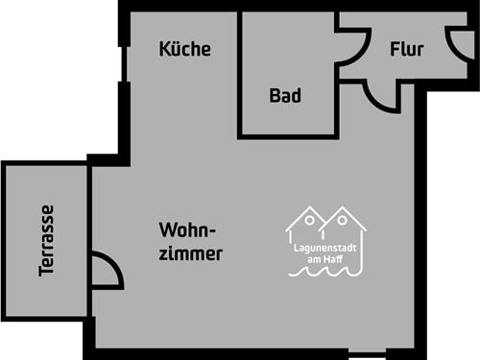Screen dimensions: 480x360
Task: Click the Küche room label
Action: [185, 49]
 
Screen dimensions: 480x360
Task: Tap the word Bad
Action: [285, 96]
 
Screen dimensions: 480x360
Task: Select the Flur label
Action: [407, 50]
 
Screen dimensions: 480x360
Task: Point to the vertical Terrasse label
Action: [47, 241]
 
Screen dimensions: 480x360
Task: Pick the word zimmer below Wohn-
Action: [192, 254]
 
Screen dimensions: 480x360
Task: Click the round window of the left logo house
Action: [309, 222]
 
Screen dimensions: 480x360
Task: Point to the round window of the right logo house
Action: [343, 222]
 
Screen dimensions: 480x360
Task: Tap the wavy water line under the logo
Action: [326, 274]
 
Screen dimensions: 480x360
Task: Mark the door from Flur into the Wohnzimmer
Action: [382, 96]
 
